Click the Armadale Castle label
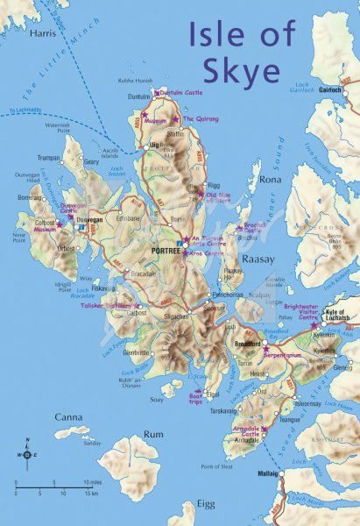[x=251, y=431]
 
